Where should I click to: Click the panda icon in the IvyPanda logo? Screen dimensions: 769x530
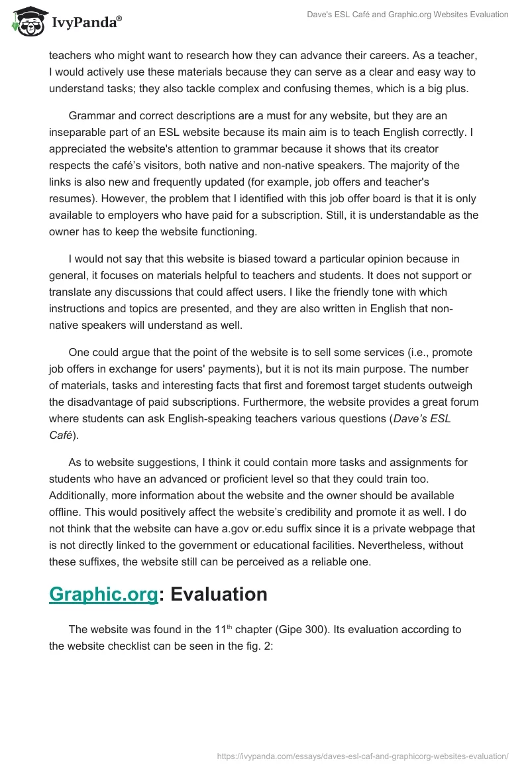26,21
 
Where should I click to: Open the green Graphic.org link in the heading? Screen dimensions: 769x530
103,594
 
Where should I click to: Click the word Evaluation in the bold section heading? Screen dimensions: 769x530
219,594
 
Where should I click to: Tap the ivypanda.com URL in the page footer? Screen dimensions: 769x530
363,755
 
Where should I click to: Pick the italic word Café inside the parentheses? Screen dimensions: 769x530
61,435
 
